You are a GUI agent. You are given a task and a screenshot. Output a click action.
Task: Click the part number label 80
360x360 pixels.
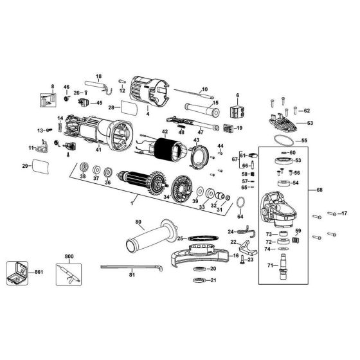tap(138, 223)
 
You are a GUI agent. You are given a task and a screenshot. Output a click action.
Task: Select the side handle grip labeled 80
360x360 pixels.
tap(147, 239)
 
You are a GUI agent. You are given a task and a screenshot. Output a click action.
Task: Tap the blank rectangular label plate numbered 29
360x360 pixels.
tap(40, 166)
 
